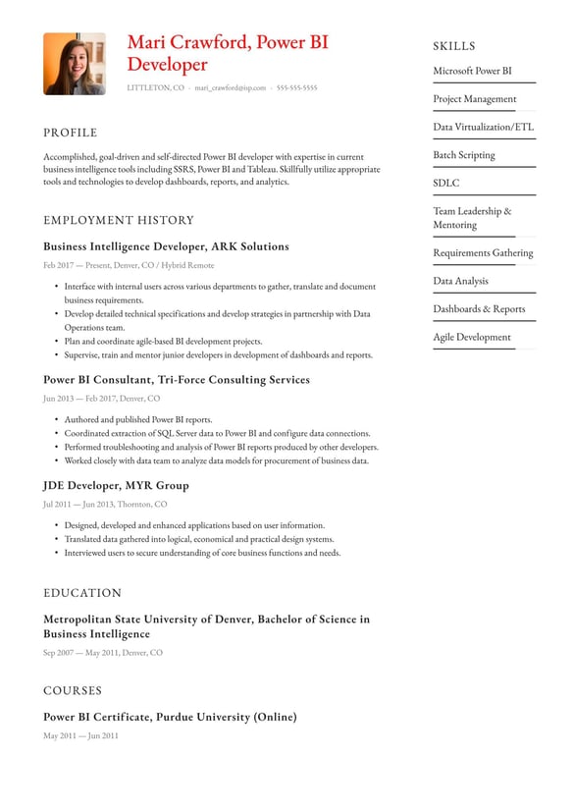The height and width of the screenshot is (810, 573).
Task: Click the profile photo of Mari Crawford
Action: click(x=75, y=64)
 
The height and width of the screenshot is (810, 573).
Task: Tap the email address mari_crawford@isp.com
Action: click(x=230, y=88)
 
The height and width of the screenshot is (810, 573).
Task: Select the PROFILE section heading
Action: click(x=71, y=133)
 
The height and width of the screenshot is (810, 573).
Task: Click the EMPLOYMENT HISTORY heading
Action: click(x=119, y=220)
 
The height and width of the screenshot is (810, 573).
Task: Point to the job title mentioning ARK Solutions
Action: click(x=166, y=246)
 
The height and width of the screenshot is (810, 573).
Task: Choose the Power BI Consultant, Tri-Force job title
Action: click(x=176, y=379)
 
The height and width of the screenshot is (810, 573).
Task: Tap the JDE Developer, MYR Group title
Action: click(x=116, y=485)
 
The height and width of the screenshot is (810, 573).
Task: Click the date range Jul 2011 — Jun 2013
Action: click(x=105, y=504)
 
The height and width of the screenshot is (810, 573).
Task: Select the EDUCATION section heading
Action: click(x=82, y=593)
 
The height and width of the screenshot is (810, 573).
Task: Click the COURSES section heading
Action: click(x=73, y=690)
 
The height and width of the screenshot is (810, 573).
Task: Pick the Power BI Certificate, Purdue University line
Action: click(x=170, y=717)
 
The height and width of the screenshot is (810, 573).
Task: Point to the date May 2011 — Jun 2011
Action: click(x=80, y=735)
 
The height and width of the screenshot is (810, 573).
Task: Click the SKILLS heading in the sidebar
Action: click(x=454, y=46)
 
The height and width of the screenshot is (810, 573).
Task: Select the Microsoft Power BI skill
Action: click(x=472, y=71)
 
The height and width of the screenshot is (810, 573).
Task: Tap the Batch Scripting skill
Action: click(x=464, y=155)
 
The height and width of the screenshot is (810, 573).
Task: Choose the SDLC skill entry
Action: click(x=446, y=183)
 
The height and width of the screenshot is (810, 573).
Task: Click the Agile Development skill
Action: click(x=472, y=337)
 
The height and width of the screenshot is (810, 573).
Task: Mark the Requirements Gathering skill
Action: click(x=483, y=252)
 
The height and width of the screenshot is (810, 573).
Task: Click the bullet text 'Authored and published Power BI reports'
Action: click(x=137, y=419)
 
